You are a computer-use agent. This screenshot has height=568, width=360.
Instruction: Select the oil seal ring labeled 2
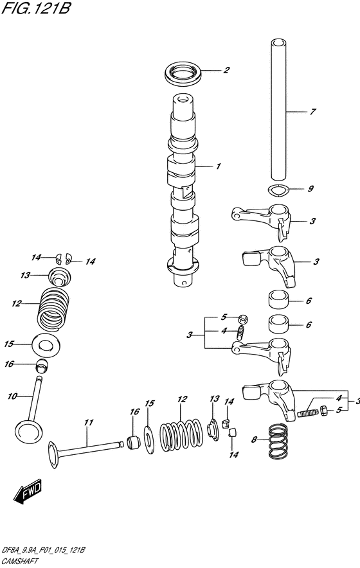(x=183, y=75)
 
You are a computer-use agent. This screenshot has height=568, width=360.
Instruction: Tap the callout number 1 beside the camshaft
(x=218, y=166)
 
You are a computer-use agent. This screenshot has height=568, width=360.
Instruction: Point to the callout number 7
(x=312, y=112)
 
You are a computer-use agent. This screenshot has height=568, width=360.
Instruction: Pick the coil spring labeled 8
(x=278, y=441)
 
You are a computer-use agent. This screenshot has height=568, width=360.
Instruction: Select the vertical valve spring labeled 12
(x=53, y=309)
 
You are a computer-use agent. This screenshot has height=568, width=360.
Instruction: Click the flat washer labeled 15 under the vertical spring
(x=46, y=345)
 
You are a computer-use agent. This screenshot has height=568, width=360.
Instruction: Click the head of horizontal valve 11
(x=53, y=455)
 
